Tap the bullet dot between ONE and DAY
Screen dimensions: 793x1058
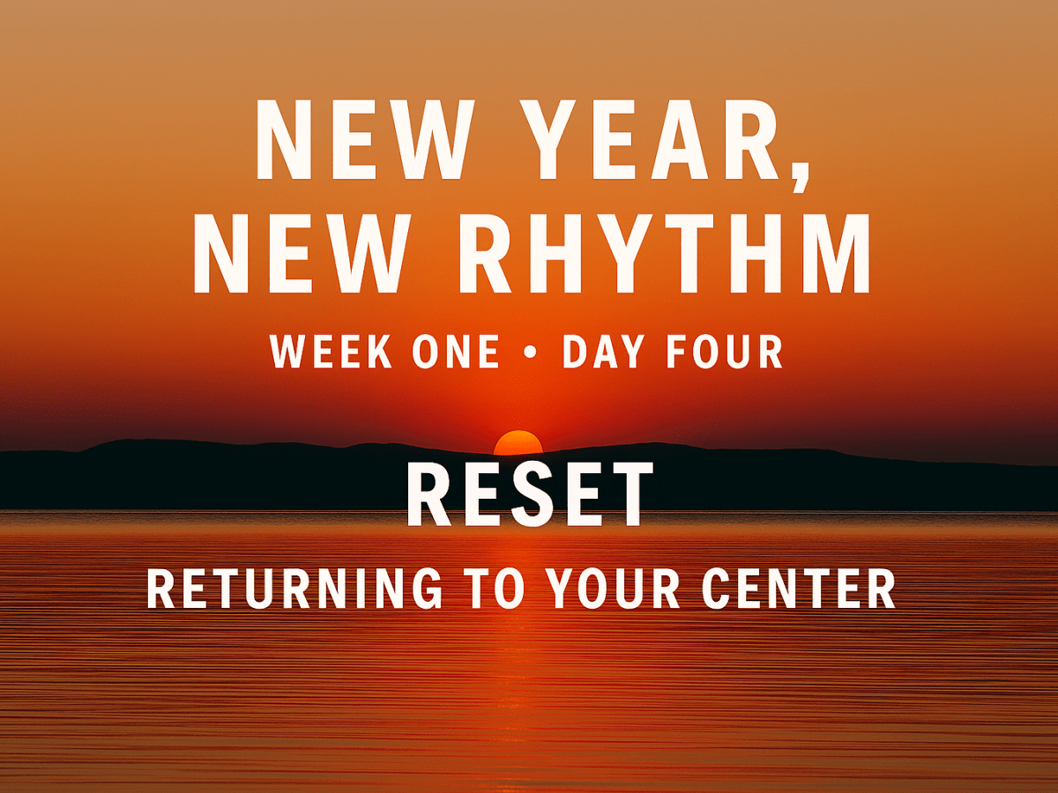[530, 352]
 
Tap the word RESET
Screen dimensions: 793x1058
[529, 498]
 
